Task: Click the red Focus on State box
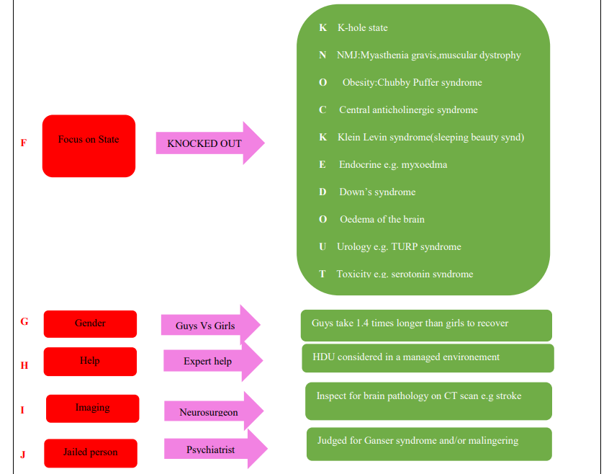(89, 146)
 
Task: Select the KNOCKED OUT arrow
(210, 143)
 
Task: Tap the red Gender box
(90, 323)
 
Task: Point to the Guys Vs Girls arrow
(210, 325)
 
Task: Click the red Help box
(90, 362)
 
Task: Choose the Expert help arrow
(213, 361)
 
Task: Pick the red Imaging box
(92, 408)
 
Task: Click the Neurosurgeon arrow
(214, 411)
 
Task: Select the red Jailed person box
(91, 453)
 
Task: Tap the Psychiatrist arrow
(216, 449)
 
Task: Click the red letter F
(24, 143)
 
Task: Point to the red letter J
(23, 455)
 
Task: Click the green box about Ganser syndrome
(429, 444)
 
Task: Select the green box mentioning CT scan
(428, 401)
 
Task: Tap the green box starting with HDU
(428, 358)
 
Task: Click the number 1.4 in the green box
(362, 323)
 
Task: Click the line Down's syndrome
(377, 192)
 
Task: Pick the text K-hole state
(362, 27)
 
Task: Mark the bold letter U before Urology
(322, 246)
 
